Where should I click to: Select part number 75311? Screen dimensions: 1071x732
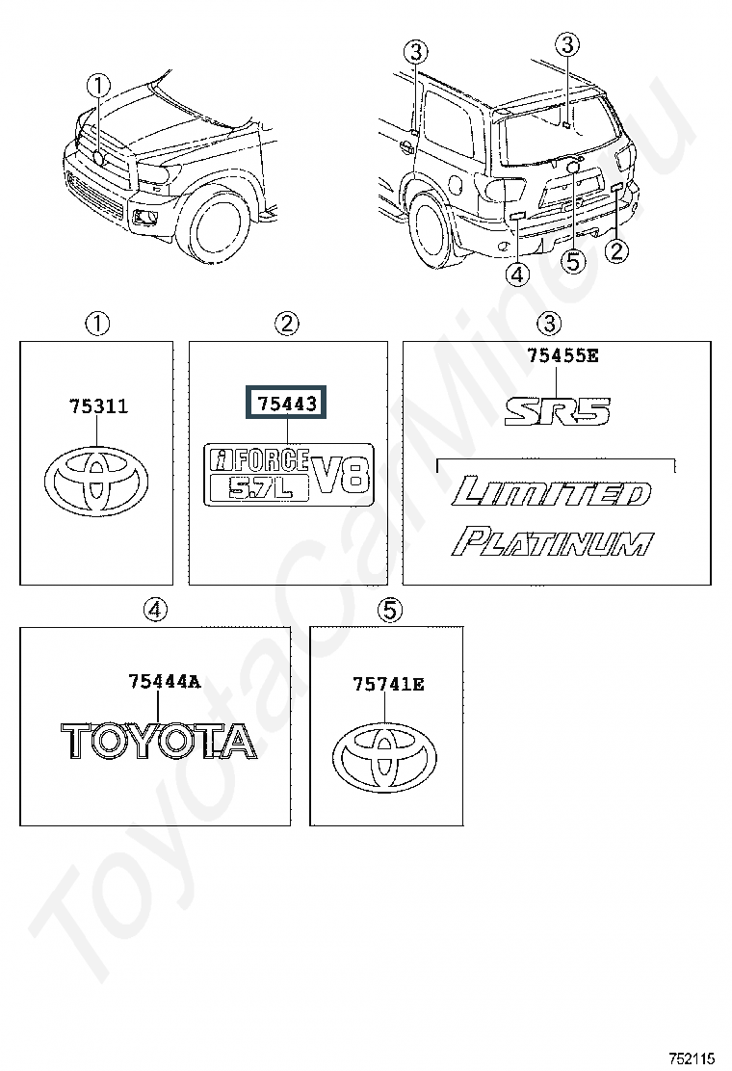point(98,406)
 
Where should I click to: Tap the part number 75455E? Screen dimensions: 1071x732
point(562,356)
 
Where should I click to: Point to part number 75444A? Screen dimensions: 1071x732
point(164,682)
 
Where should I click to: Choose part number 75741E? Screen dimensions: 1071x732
point(388,685)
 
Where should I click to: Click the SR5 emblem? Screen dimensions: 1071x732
point(558,413)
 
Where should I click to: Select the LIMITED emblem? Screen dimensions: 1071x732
point(553,492)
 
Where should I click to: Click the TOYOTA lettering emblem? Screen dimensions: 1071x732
point(159,741)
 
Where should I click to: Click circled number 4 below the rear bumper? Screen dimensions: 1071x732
point(517,274)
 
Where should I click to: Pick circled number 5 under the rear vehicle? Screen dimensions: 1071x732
point(573,261)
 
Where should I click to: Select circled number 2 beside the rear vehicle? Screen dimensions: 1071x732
point(617,251)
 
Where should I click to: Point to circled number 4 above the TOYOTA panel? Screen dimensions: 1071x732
point(155,610)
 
